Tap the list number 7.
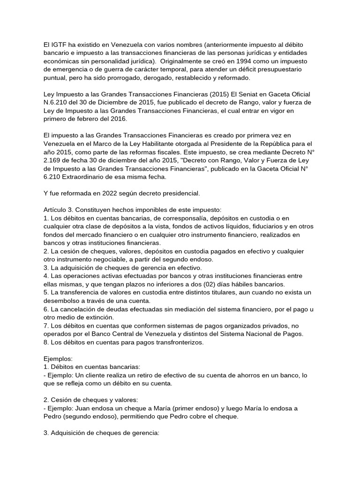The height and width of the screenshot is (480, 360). tap(45, 326)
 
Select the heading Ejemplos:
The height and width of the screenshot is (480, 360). tap(58, 359)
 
